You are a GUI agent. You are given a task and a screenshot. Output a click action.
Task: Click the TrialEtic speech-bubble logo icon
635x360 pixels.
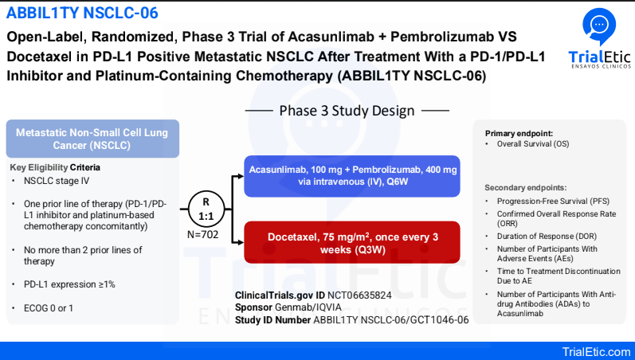(599, 26)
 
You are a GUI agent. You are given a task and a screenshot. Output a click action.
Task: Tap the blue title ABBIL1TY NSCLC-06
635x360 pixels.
(82, 13)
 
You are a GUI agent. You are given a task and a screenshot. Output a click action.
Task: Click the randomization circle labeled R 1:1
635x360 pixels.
(206, 209)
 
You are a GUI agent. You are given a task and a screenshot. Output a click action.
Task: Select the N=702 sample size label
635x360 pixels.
(203, 234)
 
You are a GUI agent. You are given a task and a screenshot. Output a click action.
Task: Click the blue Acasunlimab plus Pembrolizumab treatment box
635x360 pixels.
(352, 176)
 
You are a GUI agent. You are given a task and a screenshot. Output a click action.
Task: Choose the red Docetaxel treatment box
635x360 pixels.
(352, 243)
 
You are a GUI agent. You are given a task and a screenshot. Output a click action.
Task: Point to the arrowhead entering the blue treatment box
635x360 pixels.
(241, 176)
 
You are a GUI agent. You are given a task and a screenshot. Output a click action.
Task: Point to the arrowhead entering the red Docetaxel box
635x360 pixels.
(241, 243)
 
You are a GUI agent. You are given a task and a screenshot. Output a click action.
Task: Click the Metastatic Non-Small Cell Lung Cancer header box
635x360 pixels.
(92, 139)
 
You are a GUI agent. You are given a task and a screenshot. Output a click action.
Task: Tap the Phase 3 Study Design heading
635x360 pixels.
(347, 111)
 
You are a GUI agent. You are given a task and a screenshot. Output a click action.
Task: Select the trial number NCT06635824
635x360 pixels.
(359, 295)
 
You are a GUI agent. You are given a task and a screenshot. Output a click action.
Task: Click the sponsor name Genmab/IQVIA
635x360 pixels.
(308, 307)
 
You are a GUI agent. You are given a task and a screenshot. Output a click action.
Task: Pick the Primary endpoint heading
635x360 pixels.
(519, 134)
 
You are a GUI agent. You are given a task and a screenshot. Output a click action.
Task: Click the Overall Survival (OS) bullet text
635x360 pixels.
(533, 144)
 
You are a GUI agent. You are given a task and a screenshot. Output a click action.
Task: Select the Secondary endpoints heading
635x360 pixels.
(526, 188)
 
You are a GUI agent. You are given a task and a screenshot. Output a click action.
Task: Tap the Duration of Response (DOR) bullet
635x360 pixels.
(547, 236)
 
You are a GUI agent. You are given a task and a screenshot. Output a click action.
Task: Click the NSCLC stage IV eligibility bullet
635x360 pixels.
(57, 181)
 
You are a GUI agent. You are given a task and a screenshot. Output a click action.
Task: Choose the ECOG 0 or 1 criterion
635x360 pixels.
(48, 308)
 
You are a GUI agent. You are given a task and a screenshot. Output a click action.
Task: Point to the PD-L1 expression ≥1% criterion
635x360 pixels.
(69, 284)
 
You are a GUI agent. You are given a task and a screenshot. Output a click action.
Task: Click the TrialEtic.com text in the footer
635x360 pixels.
(596, 351)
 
